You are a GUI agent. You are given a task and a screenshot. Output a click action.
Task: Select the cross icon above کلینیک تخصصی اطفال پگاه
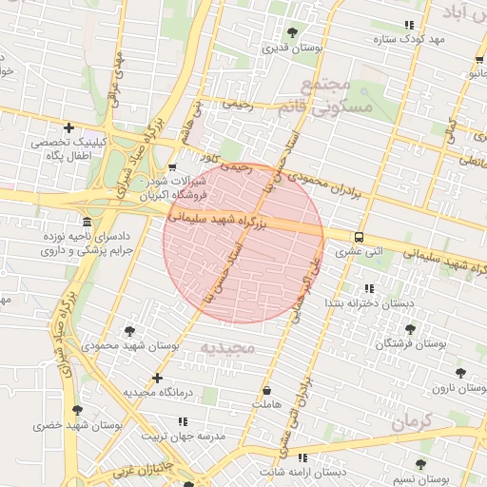click(68, 127)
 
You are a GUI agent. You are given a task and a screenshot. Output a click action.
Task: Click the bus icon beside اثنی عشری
click(359, 237)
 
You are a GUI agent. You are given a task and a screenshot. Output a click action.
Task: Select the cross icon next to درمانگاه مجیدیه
click(157, 379)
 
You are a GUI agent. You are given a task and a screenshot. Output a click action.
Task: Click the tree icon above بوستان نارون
click(461, 373)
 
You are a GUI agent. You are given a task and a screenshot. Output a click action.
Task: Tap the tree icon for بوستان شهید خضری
click(78, 411)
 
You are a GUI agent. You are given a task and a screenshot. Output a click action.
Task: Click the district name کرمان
click(410, 420)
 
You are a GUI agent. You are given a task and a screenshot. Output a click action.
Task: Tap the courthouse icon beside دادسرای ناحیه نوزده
click(88, 222)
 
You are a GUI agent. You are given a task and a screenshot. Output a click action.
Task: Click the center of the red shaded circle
click(243, 242)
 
